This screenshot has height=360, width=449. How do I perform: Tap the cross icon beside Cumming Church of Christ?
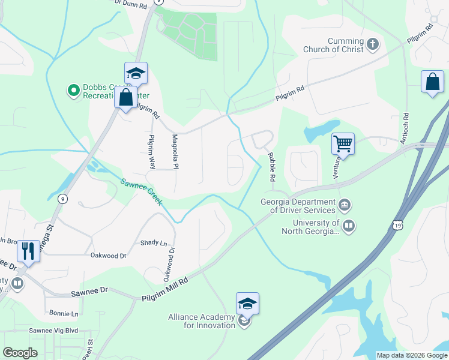(x=373, y=44)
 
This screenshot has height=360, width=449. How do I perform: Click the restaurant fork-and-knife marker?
(x=28, y=251)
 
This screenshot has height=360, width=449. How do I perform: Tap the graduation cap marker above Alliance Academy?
(x=247, y=304)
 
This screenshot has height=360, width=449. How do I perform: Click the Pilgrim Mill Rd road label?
(x=165, y=290)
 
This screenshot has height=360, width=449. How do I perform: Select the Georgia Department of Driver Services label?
(x=298, y=206)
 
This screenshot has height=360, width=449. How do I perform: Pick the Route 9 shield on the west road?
(x=63, y=198)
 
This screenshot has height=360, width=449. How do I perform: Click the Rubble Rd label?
(x=271, y=167)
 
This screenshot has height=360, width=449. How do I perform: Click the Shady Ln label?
(x=154, y=242)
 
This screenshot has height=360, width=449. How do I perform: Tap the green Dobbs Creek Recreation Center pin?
(x=74, y=91)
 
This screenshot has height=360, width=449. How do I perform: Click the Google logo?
(x=20, y=353)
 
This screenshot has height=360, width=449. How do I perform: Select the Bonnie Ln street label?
(x=64, y=314)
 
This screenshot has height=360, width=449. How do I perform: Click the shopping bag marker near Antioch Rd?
(x=432, y=83)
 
